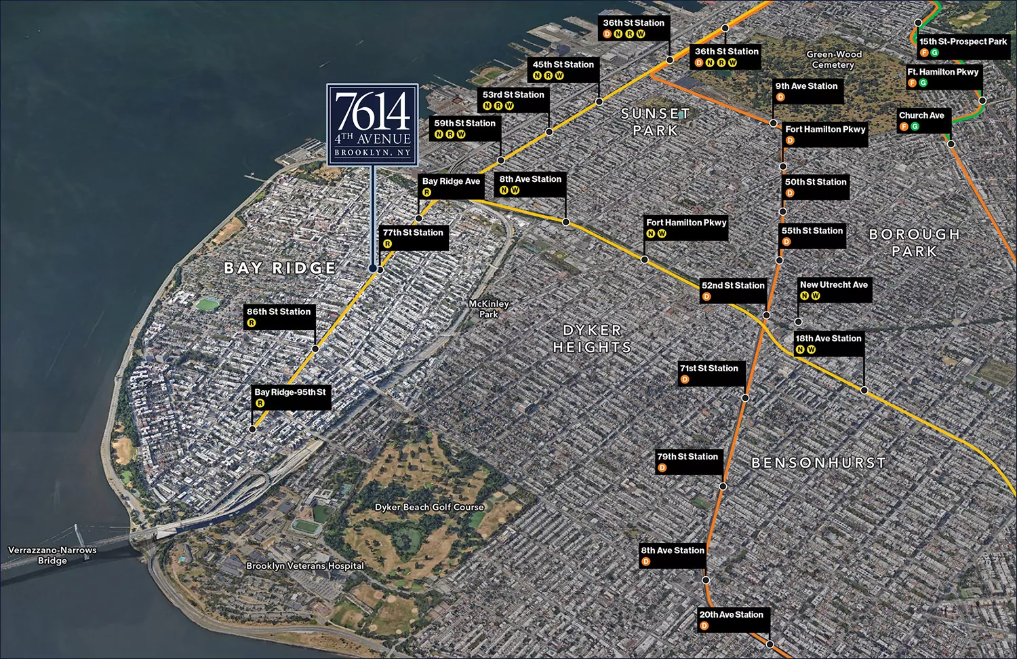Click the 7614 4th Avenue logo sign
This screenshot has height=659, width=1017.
tap(372, 124)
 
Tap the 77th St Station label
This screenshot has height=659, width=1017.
tap(413, 233)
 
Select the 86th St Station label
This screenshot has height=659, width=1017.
tap(279, 312)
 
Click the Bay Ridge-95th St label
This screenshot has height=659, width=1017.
tap(290, 392)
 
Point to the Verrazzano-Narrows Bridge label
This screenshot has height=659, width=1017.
tap(52, 555)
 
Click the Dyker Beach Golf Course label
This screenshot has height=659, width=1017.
tap(429, 507)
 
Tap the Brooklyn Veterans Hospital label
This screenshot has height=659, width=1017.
tap(305, 566)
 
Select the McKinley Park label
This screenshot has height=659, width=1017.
tap(489, 309)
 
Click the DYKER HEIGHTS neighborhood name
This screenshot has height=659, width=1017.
tap(592, 339)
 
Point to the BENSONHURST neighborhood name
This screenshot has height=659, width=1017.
tap(818, 463)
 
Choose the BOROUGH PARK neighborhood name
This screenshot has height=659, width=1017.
tap(914, 242)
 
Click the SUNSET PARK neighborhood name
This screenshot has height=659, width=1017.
tap(655, 122)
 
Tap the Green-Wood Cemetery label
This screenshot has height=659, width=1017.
tap(834, 60)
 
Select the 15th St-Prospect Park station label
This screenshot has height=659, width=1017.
tap(963, 41)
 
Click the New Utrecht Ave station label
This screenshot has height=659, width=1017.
tap(833, 285)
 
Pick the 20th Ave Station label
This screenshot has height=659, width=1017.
tap(731, 615)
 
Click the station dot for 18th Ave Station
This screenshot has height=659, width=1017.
tap(864, 390)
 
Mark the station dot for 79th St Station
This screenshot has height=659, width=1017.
tap(723, 486)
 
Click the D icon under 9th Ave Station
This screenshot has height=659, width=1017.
tap(780, 98)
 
